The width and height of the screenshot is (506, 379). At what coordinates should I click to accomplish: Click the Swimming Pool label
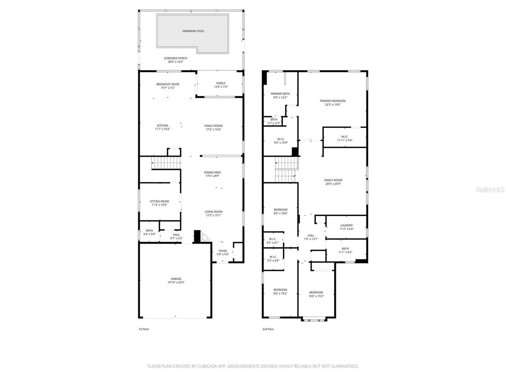[x=193, y=31]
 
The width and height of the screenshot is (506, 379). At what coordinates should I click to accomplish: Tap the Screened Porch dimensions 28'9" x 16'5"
[x=176, y=62]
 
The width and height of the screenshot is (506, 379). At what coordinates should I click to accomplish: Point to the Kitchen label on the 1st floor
[x=162, y=126]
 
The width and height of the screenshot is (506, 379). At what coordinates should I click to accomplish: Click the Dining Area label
[x=212, y=172]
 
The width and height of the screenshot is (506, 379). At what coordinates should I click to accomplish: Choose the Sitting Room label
[x=160, y=201]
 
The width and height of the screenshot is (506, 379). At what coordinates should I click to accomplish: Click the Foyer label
[x=223, y=251]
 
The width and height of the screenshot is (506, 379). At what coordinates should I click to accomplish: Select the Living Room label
[x=213, y=212]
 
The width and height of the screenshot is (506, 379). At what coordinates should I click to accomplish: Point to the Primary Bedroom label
[x=332, y=101]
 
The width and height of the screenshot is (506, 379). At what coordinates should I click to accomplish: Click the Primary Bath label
[x=280, y=94]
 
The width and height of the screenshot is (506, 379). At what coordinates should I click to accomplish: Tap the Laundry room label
[x=346, y=225]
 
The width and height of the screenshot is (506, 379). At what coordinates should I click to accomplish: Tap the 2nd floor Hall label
[x=311, y=235]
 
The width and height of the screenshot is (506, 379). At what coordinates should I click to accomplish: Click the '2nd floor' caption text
[x=268, y=329]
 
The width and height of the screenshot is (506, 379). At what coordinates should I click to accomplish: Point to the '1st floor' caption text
[x=143, y=329]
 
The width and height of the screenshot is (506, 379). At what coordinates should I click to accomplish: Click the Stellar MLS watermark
[x=490, y=190]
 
